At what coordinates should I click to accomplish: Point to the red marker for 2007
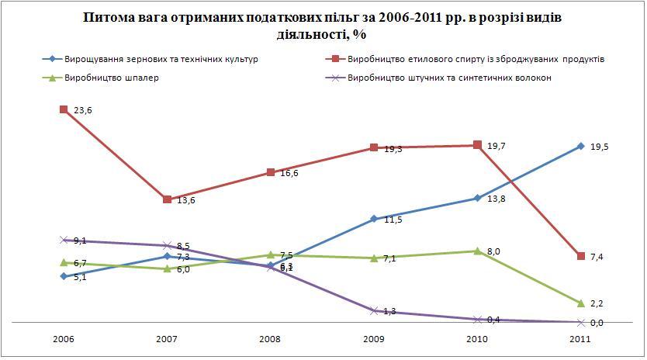tap(167, 199)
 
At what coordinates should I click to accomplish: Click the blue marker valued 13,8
tap(477, 199)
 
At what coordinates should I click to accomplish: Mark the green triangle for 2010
tap(477, 251)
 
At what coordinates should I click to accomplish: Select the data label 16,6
tap(289, 174)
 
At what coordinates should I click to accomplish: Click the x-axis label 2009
tap(373, 340)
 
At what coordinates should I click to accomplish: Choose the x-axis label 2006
tap(64, 340)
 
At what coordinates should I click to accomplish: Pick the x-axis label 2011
tap(580, 340)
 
